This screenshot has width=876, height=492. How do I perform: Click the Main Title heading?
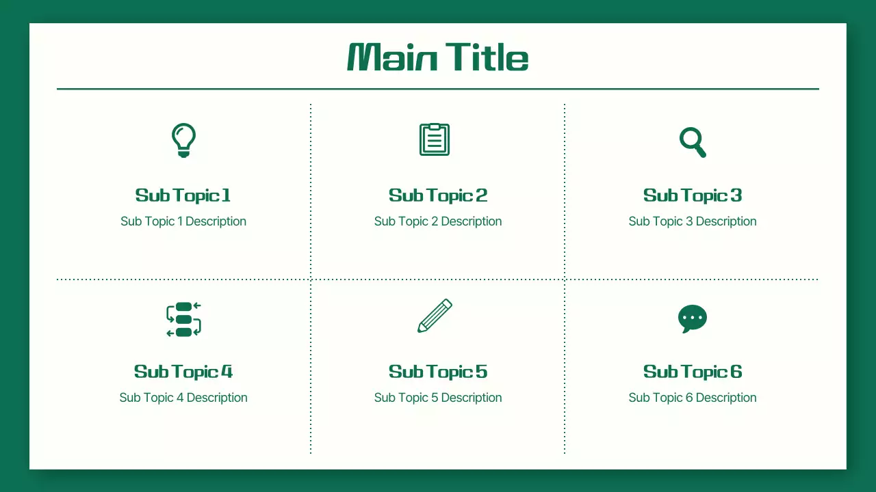438,57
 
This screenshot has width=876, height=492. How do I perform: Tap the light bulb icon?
183,139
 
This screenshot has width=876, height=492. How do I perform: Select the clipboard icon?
435,139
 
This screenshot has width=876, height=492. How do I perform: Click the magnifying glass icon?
692,141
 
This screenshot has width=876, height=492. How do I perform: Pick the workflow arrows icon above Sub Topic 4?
183,319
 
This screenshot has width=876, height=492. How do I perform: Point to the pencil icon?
435,316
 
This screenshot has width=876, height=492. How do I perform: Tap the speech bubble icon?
692,318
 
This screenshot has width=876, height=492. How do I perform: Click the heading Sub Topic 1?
183,195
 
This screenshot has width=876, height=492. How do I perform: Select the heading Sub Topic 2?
438,195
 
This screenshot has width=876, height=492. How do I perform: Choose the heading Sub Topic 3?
693,195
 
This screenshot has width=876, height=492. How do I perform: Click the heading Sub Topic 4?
183,372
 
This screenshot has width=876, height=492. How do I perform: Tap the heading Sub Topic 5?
438,372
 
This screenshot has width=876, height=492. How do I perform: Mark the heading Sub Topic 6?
693,372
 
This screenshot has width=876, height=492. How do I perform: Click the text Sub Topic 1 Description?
183,221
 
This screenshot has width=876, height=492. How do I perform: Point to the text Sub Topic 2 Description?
438,221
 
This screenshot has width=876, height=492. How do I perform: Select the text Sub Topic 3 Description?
693,221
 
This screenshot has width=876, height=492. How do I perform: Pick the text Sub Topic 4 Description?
183,398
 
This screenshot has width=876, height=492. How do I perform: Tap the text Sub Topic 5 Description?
438,398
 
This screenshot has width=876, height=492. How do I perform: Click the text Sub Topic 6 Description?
693,398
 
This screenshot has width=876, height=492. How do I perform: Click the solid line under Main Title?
438,89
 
